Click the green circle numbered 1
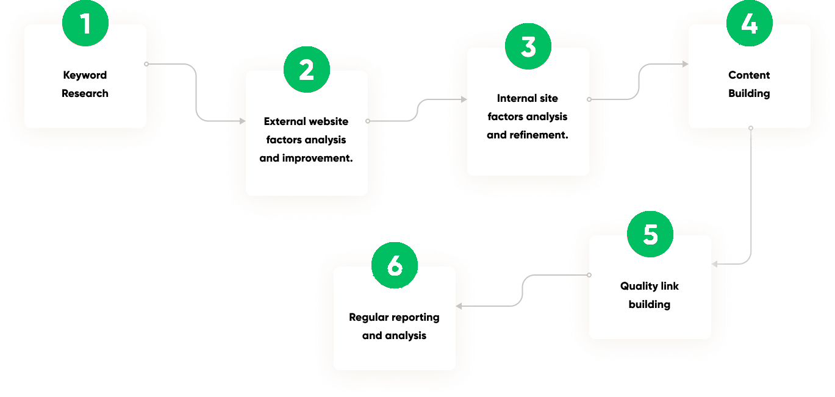point(85,24)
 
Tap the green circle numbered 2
point(307,70)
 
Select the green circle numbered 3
point(528,47)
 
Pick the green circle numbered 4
point(750,24)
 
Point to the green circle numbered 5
point(650,235)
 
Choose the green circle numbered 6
point(395,266)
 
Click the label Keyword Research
point(85,84)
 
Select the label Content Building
point(749,84)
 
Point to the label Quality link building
point(650,295)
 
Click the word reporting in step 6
point(415,317)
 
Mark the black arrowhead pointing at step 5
point(715,264)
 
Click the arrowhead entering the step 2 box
point(242,121)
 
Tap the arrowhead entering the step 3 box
point(464,99)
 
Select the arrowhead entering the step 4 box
point(685,64)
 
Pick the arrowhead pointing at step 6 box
point(459,306)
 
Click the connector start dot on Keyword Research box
point(146,63)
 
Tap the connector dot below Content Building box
point(751,128)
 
